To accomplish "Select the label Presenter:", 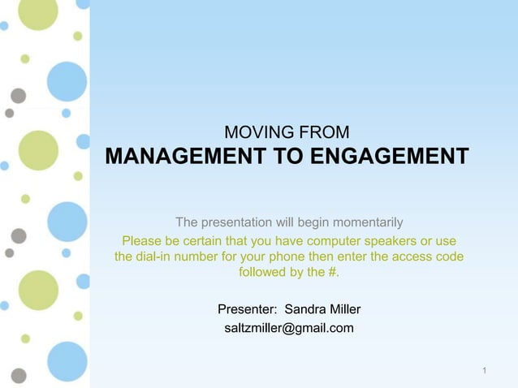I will [x=248, y=309].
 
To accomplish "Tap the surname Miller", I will [x=345, y=309].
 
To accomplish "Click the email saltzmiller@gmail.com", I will [x=289, y=328].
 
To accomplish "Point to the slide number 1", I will [x=484, y=372].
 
